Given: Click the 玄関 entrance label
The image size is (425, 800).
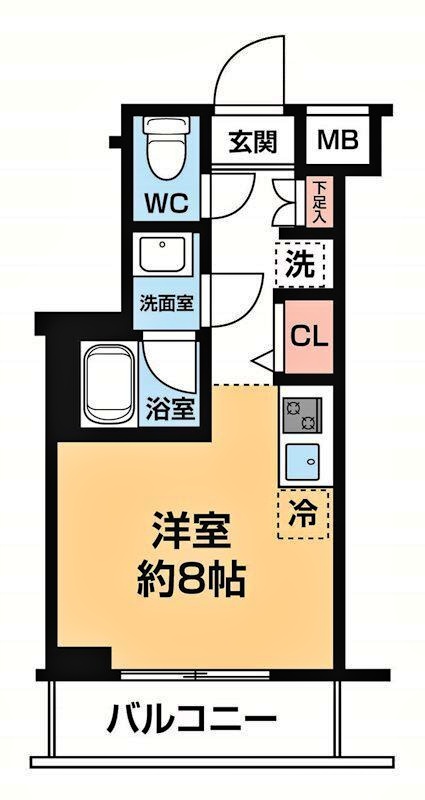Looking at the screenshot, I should pyautogui.click(x=251, y=141).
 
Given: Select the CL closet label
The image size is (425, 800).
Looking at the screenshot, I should pyautogui.click(x=308, y=337).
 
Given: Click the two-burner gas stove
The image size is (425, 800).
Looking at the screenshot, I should pyautogui.click(x=301, y=414).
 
